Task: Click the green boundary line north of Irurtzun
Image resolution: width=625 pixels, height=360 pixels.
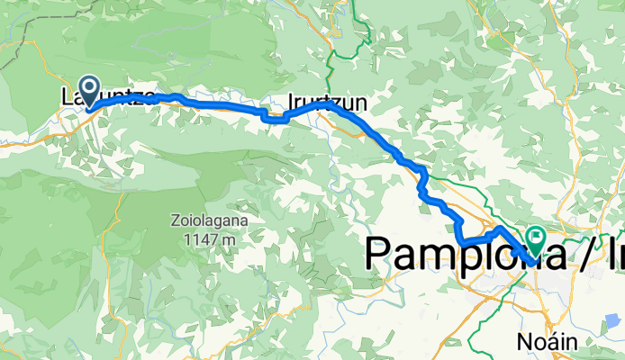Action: pos(331,54)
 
